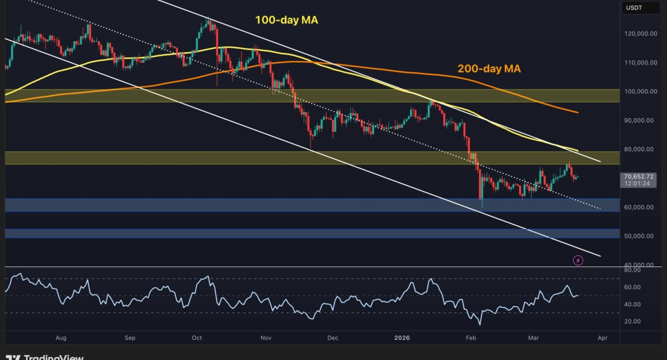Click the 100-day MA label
287,21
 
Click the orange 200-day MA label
489,68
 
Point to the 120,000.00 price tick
640,34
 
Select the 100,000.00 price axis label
640,92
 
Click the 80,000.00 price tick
640,150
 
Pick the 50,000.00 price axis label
640,237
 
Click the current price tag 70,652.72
639,176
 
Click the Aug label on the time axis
61,338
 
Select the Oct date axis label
197,338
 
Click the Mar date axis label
533,338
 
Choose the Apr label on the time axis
602,338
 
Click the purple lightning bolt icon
578,261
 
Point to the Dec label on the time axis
333,338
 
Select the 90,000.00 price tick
640,121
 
